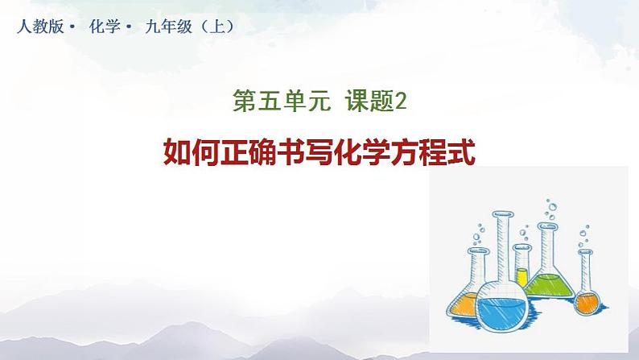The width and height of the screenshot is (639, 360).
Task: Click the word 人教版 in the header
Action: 40,27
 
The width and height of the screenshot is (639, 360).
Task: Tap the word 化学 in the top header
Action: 105,27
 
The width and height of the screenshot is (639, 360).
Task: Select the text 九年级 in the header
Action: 168,27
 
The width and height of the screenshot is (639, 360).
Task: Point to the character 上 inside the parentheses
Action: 218,27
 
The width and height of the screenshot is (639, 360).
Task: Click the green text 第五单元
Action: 282,101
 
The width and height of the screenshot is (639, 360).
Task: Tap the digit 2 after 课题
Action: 401,101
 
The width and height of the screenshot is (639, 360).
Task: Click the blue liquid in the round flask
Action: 501,313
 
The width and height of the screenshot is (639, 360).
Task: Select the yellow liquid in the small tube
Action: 522,277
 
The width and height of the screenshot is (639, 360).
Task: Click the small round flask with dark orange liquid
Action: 587,302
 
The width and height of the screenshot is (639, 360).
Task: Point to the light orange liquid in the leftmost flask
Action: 464,304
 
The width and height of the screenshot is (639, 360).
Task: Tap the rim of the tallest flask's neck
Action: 502,214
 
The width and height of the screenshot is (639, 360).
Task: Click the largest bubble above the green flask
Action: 553,208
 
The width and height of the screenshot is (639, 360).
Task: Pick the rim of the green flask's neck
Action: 547,226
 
